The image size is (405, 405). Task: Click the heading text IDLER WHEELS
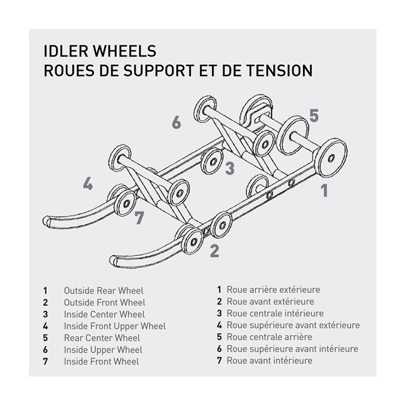[x=99, y=51]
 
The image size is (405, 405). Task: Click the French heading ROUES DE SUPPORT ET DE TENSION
[x=178, y=70]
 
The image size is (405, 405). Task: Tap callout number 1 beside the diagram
[x=324, y=190]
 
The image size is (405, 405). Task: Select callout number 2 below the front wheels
[x=214, y=251]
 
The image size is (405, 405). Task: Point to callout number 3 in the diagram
[x=230, y=168]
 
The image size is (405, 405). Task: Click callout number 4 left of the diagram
[x=88, y=184]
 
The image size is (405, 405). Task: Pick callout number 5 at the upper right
[x=313, y=115]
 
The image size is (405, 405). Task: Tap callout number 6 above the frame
[x=176, y=123]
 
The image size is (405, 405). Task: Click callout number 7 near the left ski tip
[x=139, y=218]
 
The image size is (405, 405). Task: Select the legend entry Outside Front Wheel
[x=104, y=302]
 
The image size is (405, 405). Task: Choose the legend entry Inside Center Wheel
[x=104, y=314]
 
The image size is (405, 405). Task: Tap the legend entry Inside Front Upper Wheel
[x=114, y=326]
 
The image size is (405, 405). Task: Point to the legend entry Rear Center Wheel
[x=102, y=337]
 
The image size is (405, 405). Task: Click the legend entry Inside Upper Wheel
[x=103, y=350]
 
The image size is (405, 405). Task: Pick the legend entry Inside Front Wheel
[x=101, y=361]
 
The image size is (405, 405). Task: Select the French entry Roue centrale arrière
[x=269, y=337]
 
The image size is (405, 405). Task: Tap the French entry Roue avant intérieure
[x=269, y=360]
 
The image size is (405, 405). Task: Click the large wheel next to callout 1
[x=331, y=157]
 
